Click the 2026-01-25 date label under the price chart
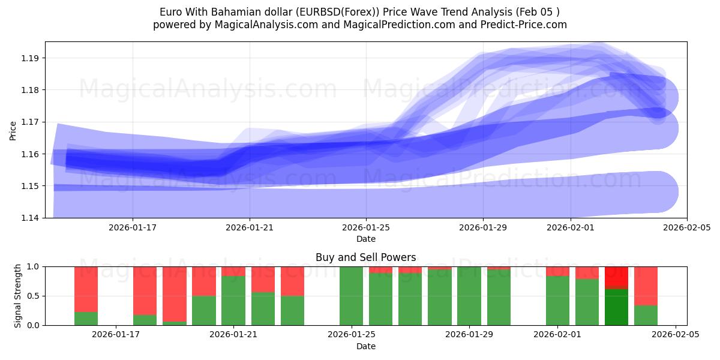(366, 227)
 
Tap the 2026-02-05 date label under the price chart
(687, 227)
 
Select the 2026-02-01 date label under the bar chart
(557, 335)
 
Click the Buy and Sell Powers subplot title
(366, 257)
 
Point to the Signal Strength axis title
(18, 296)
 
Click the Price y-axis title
(13, 130)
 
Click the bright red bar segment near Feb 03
(616, 277)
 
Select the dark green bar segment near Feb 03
(616, 307)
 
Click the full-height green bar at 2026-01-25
(351, 296)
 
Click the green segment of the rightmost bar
(646, 316)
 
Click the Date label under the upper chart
(366, 239)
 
